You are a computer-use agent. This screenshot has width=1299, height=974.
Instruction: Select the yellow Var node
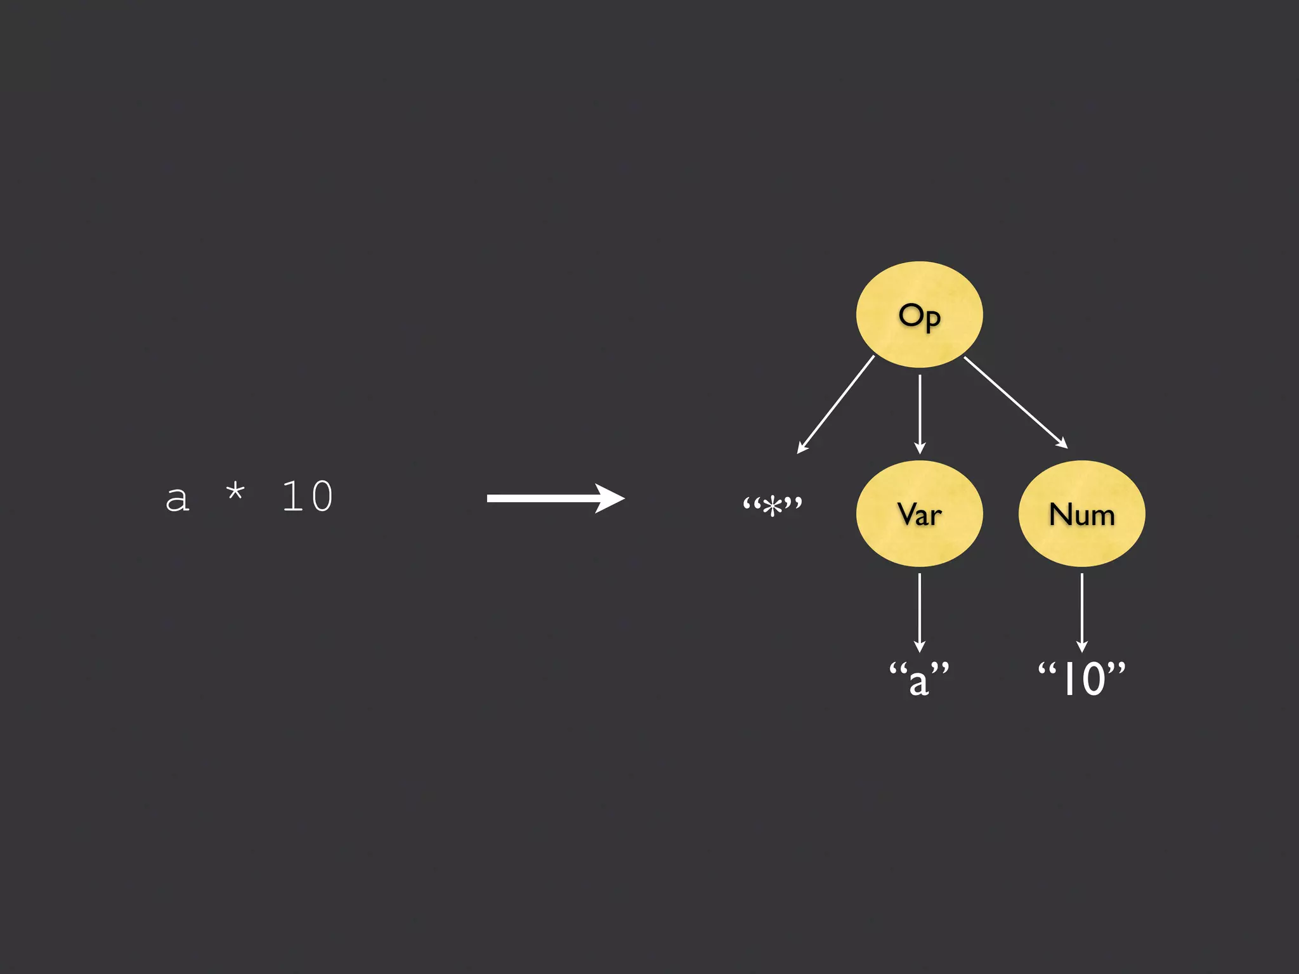[x=919, y=539]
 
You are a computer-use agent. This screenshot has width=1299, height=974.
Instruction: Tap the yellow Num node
[x=1081, y=539]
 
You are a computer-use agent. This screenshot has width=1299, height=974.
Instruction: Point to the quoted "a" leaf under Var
[x=919, y=679]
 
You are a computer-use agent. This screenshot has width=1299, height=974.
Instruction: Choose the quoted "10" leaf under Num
[x=1081, y=679]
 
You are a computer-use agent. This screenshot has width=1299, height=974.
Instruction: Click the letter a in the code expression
[x=177, y=498]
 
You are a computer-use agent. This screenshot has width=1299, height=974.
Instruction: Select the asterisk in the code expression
[x=235, y=492]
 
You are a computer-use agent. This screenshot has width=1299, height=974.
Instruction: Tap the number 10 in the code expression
[x=308, y=496]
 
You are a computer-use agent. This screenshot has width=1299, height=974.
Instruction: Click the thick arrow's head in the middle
[x=610, y=498]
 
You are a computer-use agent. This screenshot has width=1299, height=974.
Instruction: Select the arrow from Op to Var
[x=920, y=412]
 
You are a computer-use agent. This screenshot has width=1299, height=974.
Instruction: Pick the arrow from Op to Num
[x=1015, y=402]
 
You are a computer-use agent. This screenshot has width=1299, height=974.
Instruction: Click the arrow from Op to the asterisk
[x=836, y=404]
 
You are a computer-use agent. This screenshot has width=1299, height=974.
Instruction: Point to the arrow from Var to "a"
[x=920, y=611]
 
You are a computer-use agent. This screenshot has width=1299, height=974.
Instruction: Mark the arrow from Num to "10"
[x=1082, y=611]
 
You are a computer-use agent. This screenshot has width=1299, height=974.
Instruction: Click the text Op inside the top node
[x=919, y=316]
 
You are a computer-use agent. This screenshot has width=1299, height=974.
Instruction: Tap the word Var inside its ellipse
[x=919, y=514]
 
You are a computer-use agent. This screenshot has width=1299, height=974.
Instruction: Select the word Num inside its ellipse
[x=1081, y=514]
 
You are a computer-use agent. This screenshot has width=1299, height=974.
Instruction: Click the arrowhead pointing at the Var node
[x=920, y=448]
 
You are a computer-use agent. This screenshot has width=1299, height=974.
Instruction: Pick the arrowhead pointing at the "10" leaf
[x=1082, y=647]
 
